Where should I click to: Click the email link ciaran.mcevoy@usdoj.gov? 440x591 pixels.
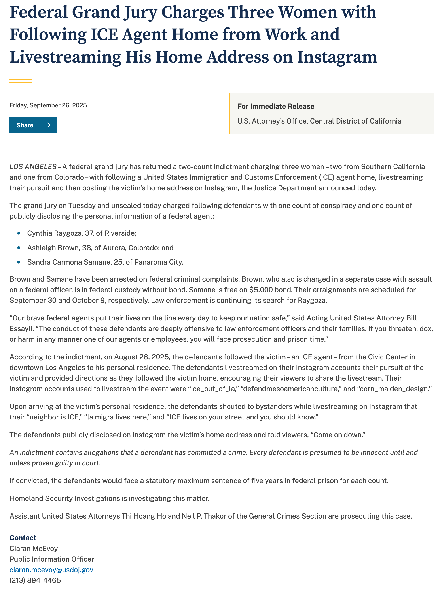(x=51, y=570)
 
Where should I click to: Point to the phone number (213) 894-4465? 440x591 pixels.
(x=35, y=580)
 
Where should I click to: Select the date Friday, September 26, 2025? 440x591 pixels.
(x=48, y=105)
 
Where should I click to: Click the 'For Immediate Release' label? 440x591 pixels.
(x=276, y=106)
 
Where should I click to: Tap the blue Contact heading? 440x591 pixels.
(x=23, y=538)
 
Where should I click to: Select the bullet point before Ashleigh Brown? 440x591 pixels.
(x=19, y=248)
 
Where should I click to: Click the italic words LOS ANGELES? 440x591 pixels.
(x=33, y=167)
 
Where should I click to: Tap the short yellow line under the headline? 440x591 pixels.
(x=21, y=81)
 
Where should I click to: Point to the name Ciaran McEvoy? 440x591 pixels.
(x=34, y=548)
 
